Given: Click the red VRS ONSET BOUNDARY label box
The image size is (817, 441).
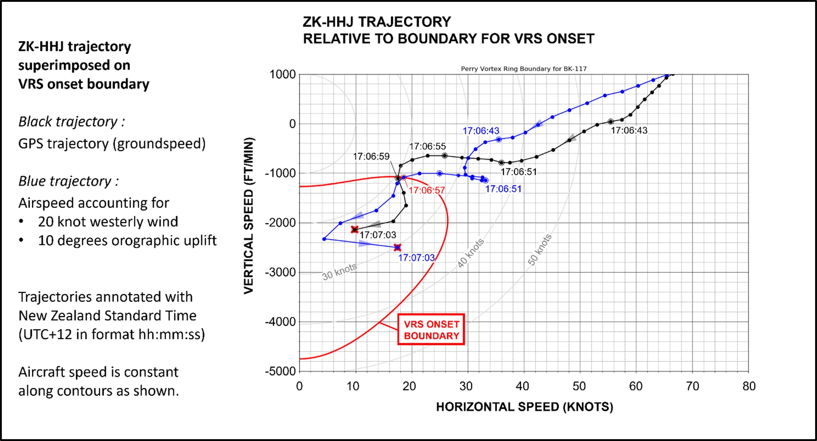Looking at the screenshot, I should click(431, 329).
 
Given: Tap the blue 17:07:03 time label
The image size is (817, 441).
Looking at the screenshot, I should click(416, 258).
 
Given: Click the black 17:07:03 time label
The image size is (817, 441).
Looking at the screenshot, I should click(378, 235).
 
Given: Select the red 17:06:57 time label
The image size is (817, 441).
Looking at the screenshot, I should click(427, 190).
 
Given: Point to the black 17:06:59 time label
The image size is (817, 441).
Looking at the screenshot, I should click(371, 157).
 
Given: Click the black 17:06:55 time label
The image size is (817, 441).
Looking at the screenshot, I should click(427, 146).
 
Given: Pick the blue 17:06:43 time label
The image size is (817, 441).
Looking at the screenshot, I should click(480, 131).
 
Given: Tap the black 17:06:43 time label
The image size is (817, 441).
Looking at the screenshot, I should click(629, 130).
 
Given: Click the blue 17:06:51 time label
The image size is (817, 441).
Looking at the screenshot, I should click(503, 189).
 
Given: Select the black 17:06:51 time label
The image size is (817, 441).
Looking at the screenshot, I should click(519, 172).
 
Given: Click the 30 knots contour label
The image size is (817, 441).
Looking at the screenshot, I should click(339, 272).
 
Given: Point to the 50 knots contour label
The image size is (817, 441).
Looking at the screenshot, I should click(539, 250).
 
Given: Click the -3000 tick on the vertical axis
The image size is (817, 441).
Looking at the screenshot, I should click(280, 272).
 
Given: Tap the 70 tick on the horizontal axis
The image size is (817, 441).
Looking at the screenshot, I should click(692, 386).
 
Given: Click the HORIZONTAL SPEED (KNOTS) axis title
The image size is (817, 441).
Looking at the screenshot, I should click(524, 407).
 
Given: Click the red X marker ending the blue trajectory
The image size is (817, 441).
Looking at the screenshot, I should click(397, 248).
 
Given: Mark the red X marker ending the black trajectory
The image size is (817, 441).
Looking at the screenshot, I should click(354, 229).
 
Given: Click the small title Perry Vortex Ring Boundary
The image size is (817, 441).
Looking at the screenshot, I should click(523, 69).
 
